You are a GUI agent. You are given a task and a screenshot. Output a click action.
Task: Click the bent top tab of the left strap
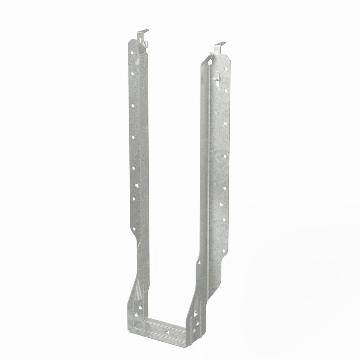[x=143, y=32]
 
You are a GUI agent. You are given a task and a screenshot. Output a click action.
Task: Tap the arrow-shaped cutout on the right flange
[x=217, y=81]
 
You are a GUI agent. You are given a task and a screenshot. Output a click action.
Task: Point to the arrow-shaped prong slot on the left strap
[x=137, y=62]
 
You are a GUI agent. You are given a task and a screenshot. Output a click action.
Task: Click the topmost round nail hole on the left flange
[x=132, y=52]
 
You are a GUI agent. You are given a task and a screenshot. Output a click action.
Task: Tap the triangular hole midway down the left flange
[x=137, y=185]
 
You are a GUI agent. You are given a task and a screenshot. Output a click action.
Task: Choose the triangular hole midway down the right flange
[x=221, y=204]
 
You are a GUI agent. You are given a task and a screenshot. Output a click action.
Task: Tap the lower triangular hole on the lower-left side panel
[x=136, y=315]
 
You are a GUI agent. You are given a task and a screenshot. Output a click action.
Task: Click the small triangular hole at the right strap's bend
[x=199, y=263]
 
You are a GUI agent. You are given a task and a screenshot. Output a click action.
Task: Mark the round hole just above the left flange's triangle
[x=133, y=168]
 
